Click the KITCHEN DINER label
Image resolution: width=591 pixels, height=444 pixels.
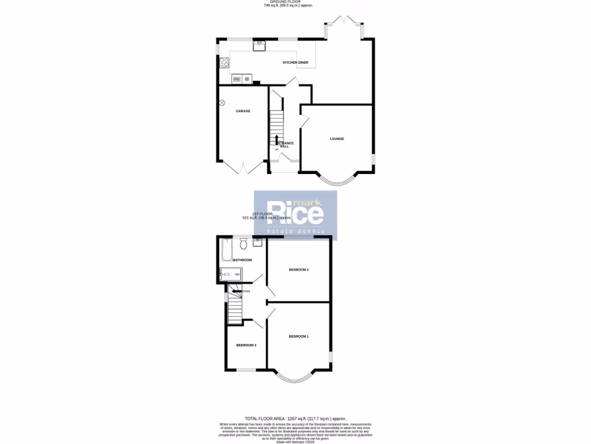coord(295,62)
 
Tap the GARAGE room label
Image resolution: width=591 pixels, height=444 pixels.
coord(243,111)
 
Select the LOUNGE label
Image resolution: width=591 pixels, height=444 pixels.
coord(337,139)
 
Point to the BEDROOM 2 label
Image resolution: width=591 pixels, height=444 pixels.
coord(299,270)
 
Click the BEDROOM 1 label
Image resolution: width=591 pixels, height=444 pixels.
coord(299,336)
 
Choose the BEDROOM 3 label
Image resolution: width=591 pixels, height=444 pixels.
coord(246,345)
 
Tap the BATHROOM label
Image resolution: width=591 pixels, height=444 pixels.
coord(242,260)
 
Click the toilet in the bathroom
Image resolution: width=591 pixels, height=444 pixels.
coord(243,245)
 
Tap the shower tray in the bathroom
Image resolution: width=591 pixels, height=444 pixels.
coord(231,275)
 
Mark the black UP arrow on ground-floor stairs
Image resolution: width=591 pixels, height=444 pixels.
coord(277,139)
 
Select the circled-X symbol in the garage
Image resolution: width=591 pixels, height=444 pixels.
coord(222,103)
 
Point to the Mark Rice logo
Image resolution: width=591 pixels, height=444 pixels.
coord(295,216)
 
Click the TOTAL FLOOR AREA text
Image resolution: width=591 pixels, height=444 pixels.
coord(295,418)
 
